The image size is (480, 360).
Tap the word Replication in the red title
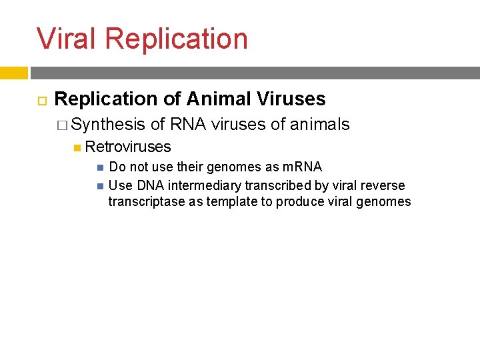pos(176,39)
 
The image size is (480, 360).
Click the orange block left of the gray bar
pos(13,73)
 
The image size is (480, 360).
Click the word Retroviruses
pos(128,147)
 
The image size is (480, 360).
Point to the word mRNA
pos(302,167)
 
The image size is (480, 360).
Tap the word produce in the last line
pos(302,201)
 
